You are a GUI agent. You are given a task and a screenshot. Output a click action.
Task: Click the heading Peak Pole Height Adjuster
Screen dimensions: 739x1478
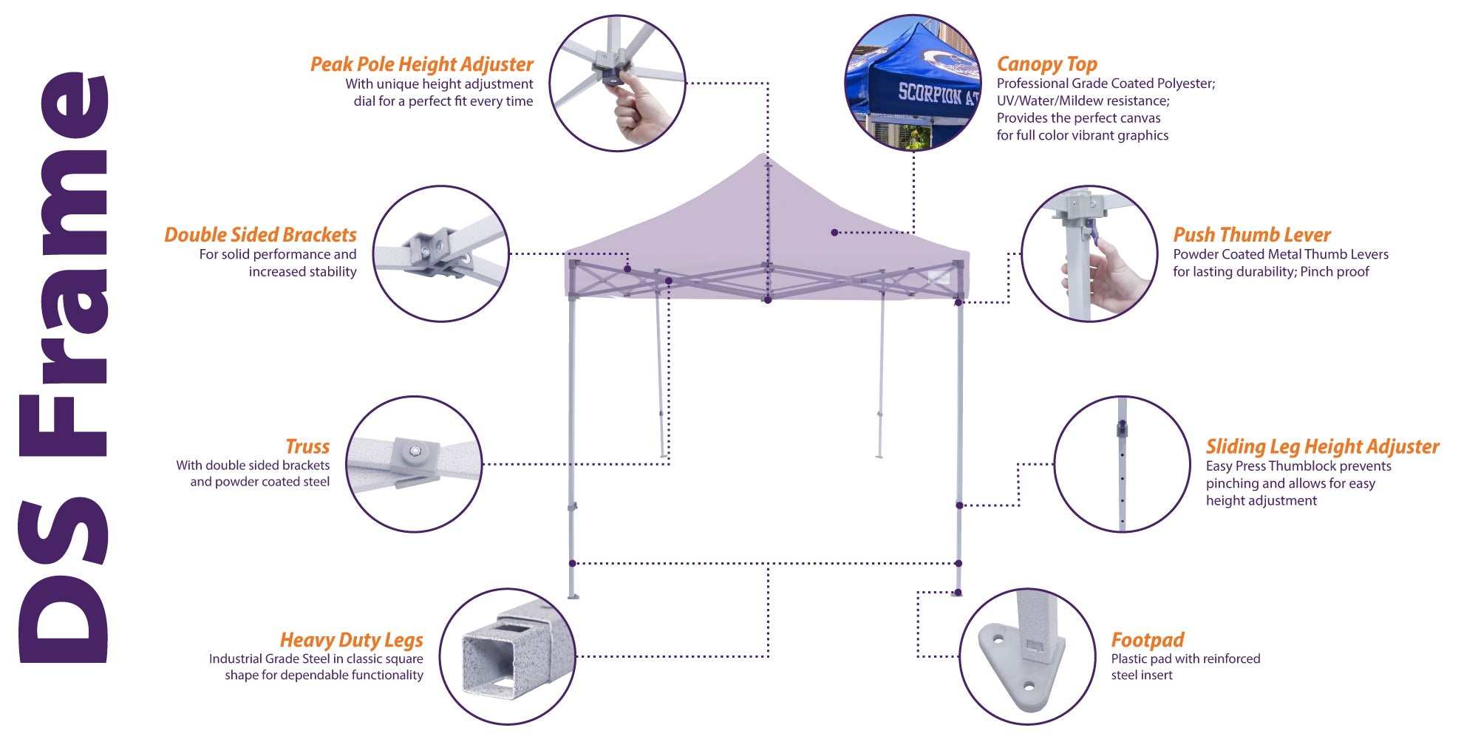coord(421,64)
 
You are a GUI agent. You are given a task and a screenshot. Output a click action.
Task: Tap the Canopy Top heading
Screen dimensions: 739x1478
coord(1046,64)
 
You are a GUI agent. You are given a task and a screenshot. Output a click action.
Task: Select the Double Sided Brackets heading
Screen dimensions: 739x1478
coord(260,235)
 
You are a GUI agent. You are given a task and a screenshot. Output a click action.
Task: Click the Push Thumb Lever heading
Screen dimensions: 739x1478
coord(1251,235)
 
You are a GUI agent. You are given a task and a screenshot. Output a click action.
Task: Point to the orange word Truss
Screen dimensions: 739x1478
coord(307,446)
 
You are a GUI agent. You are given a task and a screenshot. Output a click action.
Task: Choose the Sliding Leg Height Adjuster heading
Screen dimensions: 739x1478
coord(1322,446)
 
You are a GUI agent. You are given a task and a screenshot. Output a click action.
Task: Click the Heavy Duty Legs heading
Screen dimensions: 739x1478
coord(351,639)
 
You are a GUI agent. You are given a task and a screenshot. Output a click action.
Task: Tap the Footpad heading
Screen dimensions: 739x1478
coord(1147,639)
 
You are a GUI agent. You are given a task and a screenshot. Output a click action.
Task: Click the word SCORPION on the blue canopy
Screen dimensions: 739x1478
coord(929,93)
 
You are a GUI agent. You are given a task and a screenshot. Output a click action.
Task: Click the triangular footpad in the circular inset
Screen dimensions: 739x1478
coord(1020,669)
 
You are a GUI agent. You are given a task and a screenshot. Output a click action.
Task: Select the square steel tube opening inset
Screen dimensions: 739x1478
coord(488,665)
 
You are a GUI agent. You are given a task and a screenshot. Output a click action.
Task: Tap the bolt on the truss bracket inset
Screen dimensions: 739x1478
coord(415,451)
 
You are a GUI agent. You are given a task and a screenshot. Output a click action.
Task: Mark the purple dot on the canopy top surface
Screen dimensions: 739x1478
coord(834,233)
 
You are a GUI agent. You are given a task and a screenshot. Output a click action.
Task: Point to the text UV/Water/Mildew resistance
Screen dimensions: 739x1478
coord(1083,101)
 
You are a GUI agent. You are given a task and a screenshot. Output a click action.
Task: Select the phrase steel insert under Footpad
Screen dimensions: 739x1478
coord(1141,675)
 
